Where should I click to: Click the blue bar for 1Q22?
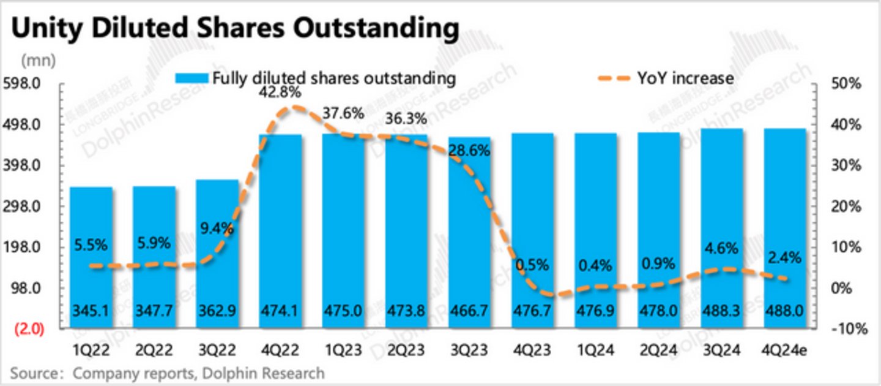pyautogui.click(x=92, y=257)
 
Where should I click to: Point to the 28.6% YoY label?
pyautogui.click(x=469, y=150)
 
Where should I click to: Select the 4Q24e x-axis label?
pyautogui.click(x=785, y=351)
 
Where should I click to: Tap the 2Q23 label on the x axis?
pyautogui.click(x=406, y=351)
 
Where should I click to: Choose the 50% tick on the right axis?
pyautogui.click(x=846, y=84)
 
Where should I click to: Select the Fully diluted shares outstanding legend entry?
pyautogui.click(x=316, y=78)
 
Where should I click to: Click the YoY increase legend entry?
pyautogui.click(x=667, y=78)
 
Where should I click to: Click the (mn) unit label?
pyautogui.click(x=38, y=61)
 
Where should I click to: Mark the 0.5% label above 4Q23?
pyautogui.click(x=532, y=265)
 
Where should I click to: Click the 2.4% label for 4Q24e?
pyautogui.click(x=785, y=259)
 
